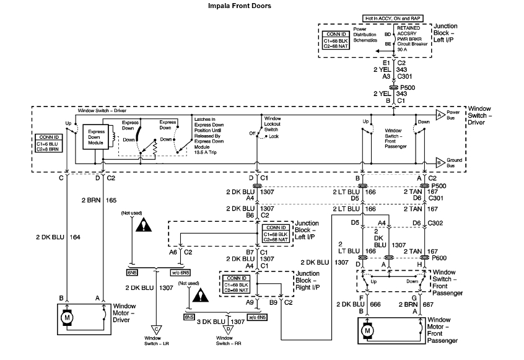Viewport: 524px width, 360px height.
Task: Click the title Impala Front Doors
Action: (238, 6)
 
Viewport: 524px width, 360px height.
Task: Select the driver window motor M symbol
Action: (66, 318)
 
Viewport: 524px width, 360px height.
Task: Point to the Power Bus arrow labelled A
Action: (439, 115)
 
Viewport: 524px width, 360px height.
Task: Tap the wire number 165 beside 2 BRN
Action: (111, 201)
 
